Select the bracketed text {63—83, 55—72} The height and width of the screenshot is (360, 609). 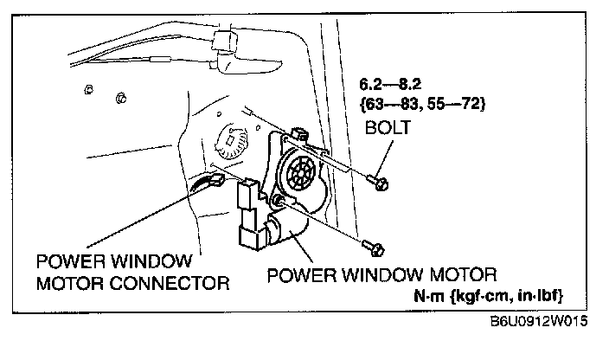421,106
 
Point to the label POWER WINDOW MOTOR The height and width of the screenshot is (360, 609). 381,276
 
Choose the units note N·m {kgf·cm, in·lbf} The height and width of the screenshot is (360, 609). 490,297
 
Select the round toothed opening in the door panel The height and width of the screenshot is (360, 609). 231,139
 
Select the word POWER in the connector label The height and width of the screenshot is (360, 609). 70,260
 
